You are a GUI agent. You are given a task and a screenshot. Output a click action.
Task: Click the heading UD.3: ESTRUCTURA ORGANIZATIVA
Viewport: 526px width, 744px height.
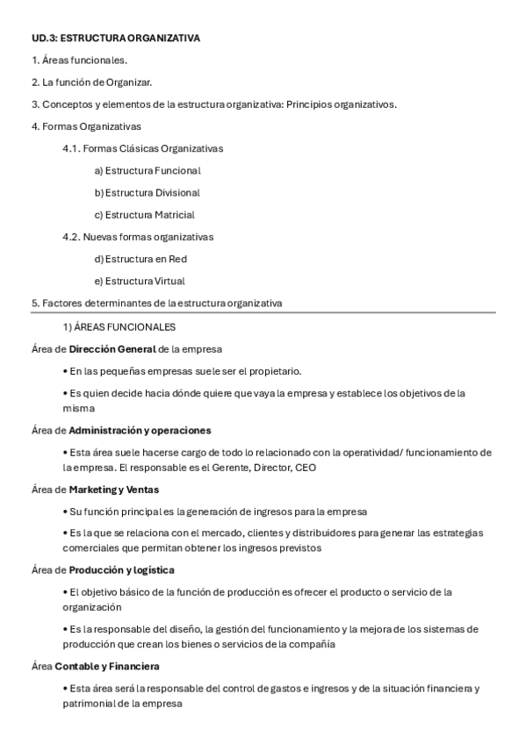coord(115,38)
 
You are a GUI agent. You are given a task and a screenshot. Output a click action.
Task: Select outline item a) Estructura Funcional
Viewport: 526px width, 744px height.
coord(147,170)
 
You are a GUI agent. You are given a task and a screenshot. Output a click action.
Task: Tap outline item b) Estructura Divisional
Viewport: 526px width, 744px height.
coord(147,192)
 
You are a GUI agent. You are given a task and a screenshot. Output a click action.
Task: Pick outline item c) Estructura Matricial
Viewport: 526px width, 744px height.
coord(144,214)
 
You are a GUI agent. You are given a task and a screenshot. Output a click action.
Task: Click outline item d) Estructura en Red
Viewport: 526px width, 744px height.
coord(141,259)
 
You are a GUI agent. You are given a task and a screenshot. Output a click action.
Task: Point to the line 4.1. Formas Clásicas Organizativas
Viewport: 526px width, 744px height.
coord(142,148)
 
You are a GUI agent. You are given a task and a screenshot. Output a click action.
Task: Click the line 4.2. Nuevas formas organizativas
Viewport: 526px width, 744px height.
coord(138,237)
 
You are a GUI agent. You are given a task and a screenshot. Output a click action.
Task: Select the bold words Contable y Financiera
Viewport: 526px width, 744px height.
coord(107,666)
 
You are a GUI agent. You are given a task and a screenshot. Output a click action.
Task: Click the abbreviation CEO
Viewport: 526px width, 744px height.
coord(306,468)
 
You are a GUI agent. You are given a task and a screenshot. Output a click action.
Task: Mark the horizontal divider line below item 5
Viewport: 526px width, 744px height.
coord(263,312)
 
